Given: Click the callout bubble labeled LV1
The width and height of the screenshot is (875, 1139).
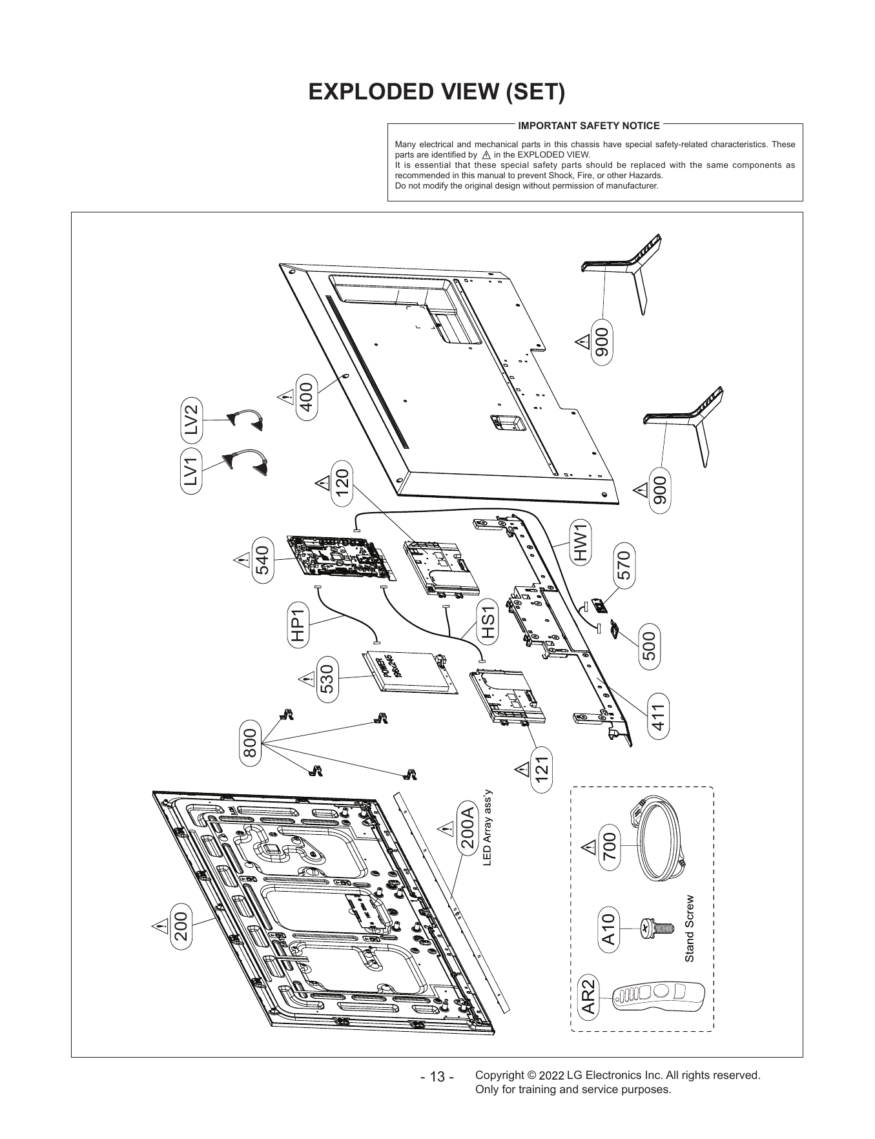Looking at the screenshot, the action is click(192, 469).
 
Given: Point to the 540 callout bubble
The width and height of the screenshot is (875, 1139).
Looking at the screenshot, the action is click(263, 560).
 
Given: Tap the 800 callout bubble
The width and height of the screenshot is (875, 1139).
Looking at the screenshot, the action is click(250, 744).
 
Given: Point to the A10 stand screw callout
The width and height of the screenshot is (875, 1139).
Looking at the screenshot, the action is click(608, 929).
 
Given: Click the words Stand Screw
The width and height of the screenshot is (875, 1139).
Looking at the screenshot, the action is click(689, 929).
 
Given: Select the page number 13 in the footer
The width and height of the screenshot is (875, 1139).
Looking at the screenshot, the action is click(437, 1078).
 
